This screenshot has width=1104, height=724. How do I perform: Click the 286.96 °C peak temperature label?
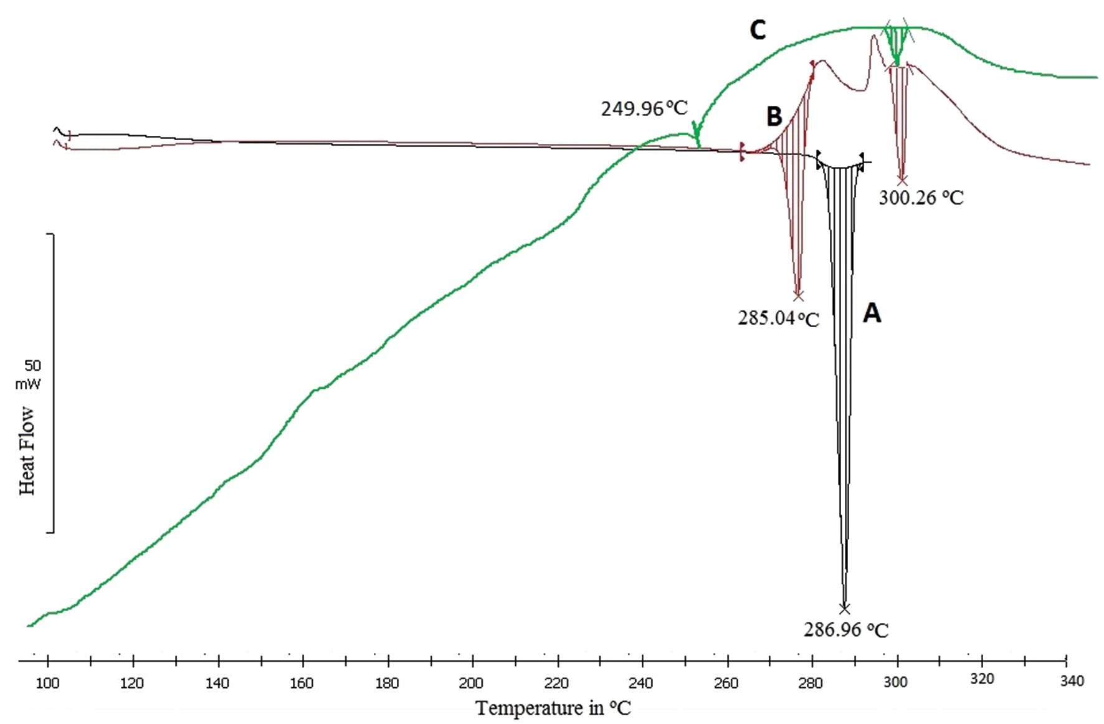[x=845, y=629]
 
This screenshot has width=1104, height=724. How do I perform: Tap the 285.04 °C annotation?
[x=778, y=318]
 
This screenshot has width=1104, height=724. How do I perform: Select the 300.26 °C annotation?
[x=921, y=198]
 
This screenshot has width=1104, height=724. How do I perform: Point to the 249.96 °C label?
[x=644, y=108]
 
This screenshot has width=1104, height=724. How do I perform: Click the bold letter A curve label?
[x=872, y=313]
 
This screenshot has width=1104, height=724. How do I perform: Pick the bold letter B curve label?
[x=774, y=117]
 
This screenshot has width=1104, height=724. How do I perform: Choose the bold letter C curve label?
[x=758, y=30]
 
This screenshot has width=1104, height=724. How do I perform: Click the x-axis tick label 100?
[x=47, y=684]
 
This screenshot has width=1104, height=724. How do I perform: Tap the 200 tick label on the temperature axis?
[x=471, y=684]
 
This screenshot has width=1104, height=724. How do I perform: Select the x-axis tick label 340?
[x=1072, y=681]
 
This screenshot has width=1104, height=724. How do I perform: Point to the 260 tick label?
[x=726, y=684]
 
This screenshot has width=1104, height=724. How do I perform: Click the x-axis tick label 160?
[x=302, y=684]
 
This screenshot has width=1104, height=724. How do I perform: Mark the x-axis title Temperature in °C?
[x=553, y=708]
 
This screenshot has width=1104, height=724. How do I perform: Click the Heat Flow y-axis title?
[x=27, y=450]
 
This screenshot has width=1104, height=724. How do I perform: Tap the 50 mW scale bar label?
[x=29, y=374]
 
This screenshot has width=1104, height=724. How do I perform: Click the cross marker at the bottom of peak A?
[x=844, y=609]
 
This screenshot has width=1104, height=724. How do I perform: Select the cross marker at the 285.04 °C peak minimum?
[x=798, y=295]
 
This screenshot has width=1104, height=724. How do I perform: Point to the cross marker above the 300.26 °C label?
[x=902, y=181]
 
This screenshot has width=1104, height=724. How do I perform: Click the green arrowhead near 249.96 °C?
[x=697, y=133]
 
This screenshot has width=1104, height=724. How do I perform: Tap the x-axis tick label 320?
[x=982, y=679]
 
